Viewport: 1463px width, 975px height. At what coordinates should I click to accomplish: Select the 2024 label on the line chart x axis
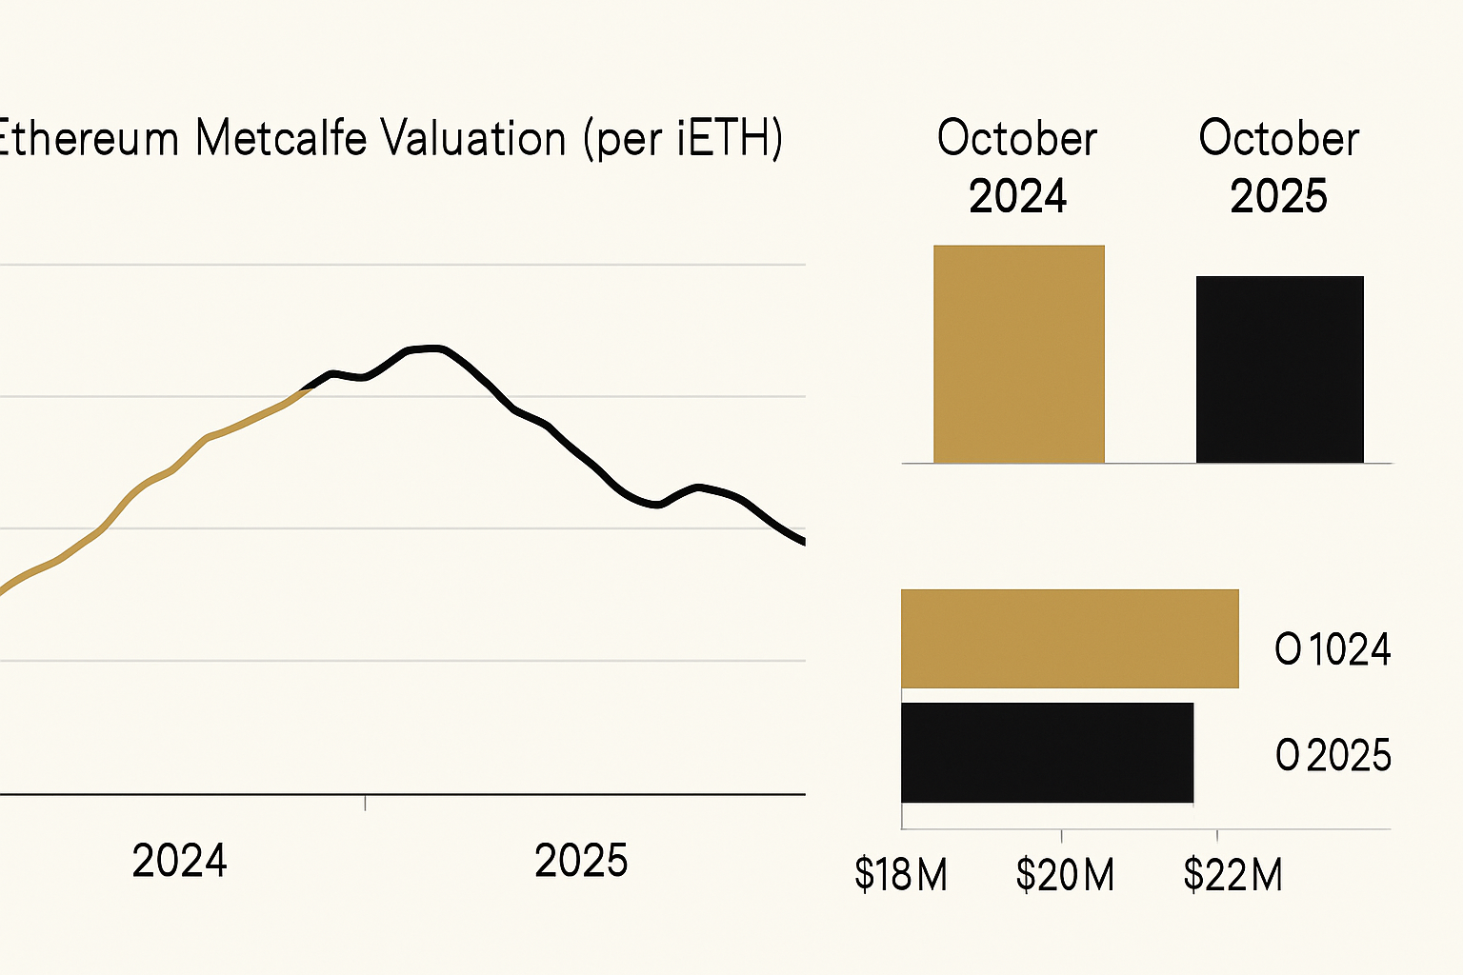click(179, 861)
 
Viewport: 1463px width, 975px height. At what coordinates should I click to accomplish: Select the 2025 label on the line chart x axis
click(581, 861)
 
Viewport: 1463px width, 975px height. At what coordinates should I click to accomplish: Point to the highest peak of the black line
click(431, 348)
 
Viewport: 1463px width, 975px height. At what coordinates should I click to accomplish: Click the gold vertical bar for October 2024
click(1018, 354)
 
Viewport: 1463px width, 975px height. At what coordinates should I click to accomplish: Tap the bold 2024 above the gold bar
click(1017, 197)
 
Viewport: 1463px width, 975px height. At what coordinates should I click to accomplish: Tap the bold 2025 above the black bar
click(1278, 197)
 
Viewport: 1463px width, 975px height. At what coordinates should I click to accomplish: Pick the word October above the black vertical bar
click(1278, 139)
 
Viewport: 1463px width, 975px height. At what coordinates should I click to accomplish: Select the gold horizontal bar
click(1069, 638)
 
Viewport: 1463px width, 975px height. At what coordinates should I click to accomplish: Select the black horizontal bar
click(1046, 752)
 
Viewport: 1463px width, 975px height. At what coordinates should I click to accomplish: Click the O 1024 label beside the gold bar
click(1333, 650)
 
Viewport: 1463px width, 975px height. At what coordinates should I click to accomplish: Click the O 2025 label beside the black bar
click(1333, 756)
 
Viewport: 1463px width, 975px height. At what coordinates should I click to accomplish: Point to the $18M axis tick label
click(900, 874)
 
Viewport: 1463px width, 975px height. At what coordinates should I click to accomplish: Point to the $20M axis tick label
click(1064, 874)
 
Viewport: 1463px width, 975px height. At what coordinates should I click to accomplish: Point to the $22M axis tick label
click(1233, 874)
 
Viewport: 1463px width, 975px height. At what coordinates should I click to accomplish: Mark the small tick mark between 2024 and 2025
click(366, 803)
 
